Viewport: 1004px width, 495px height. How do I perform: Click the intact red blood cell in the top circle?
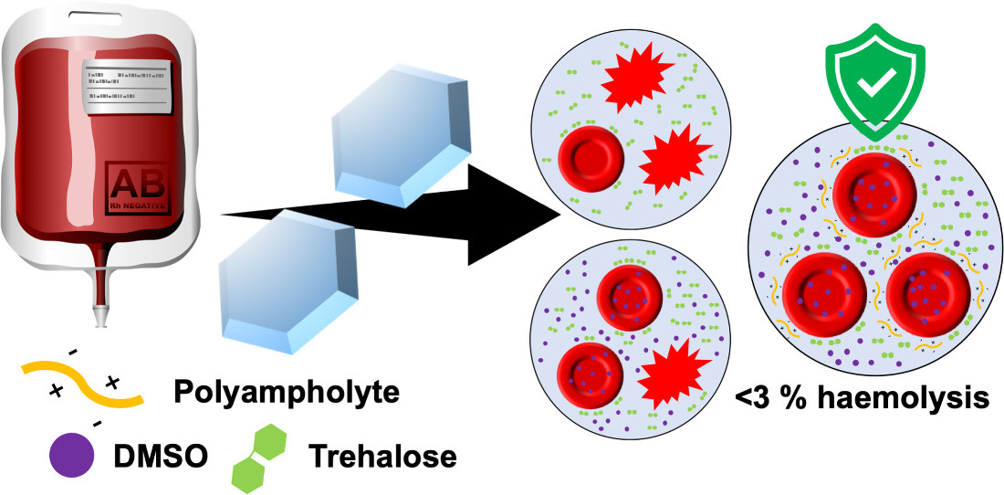coord(589,158)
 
